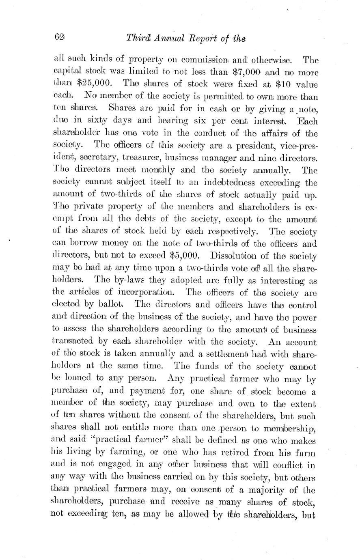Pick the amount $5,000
pos(185,256)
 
